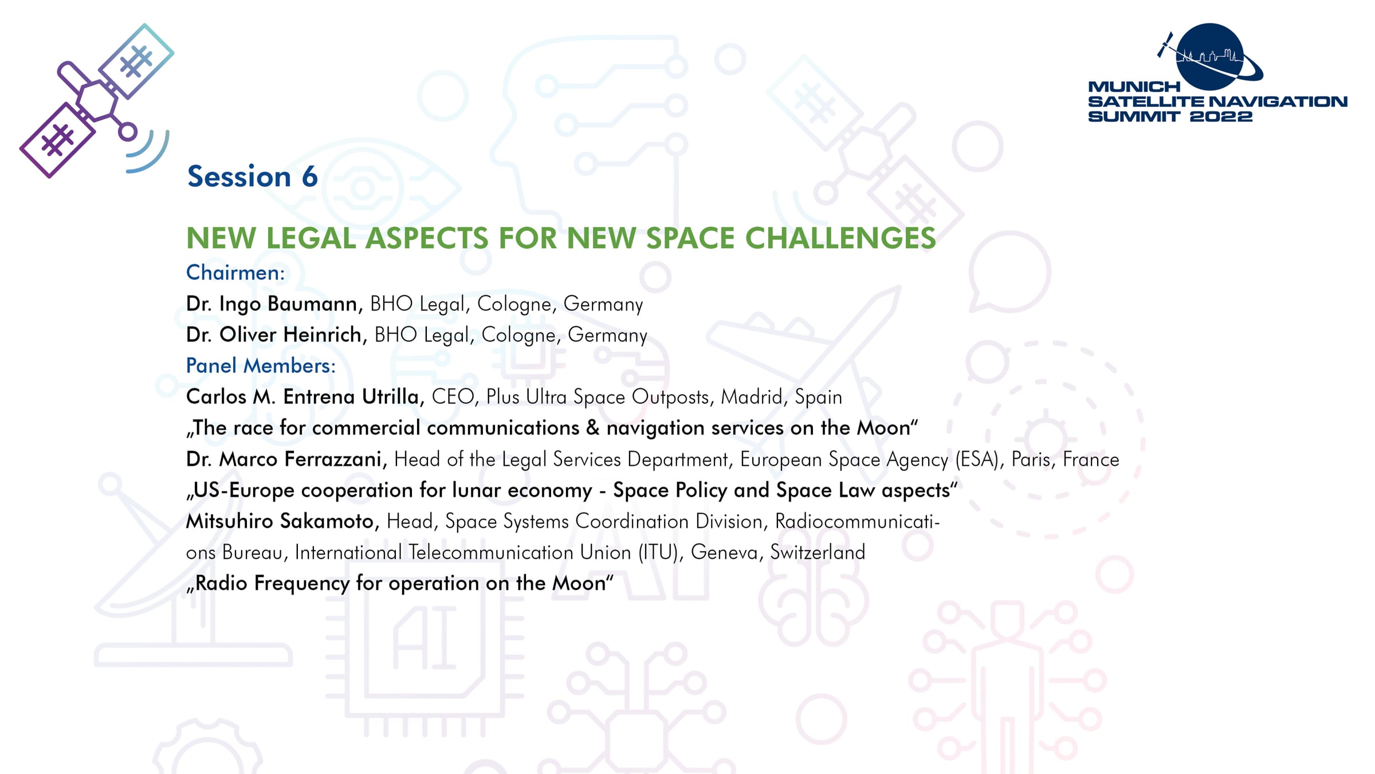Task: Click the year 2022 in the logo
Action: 1220,116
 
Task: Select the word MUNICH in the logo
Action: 1134,87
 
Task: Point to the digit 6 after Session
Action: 310,176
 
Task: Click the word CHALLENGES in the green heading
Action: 840,238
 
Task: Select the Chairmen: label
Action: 235,273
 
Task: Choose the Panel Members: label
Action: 261,366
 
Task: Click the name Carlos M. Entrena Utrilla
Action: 305,396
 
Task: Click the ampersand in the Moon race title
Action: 593,428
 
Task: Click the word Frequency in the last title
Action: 302,584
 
